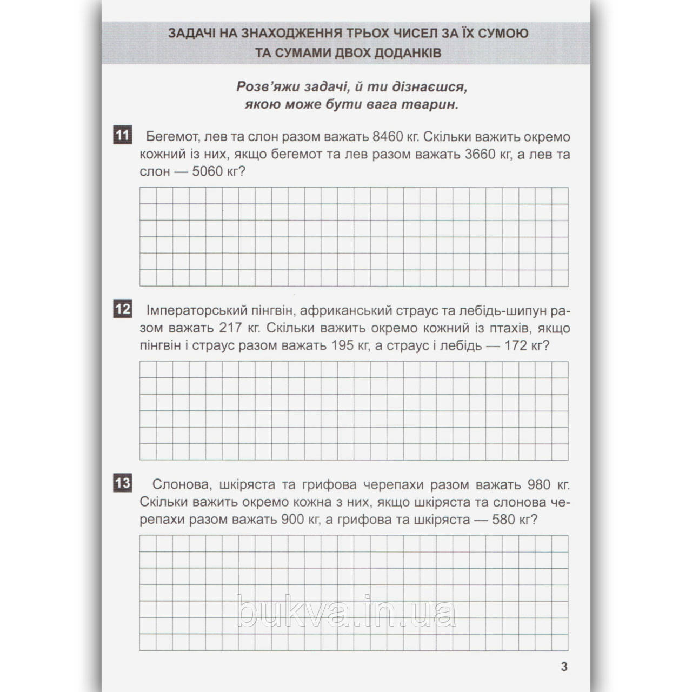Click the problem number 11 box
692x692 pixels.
122,135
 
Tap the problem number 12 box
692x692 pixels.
122,309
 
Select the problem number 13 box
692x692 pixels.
122,483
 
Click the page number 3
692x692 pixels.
564,667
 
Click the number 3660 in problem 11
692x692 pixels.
480,154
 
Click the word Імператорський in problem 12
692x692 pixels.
190,311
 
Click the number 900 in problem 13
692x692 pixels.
294,519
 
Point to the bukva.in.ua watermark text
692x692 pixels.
346,614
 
